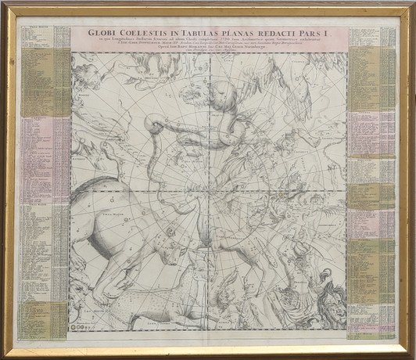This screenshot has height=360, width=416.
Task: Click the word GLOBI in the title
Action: point(101,34)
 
